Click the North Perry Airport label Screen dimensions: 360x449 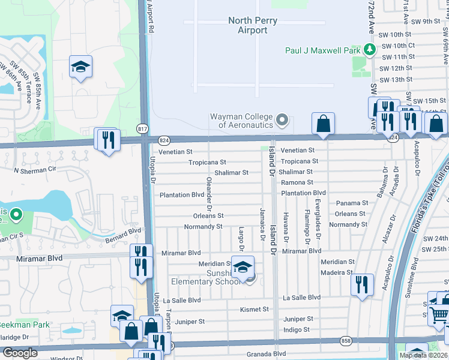pos(253,25)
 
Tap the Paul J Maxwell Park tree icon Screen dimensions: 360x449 pos(370,50)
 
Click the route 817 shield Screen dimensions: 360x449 pos(142,129)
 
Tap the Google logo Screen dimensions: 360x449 pos(20,353)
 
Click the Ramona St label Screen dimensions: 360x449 pos(297,182)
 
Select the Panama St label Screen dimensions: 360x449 pos(351,203)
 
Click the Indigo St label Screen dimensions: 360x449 pos(297,329)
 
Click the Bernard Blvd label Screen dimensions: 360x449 pos(125,231)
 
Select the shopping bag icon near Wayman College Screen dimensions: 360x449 pos(323,124)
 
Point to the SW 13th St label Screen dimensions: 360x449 pos(397,79)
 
